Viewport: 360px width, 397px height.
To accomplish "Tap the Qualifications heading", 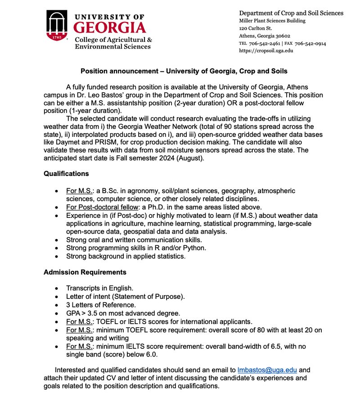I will click(66, 173).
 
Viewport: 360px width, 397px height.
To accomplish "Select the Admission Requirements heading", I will click(85, 272).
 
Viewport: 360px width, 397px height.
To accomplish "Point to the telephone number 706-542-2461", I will click(262, 44).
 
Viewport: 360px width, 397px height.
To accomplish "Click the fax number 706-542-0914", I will click(310, 44).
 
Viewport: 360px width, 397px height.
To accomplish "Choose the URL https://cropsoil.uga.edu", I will click(266, 51).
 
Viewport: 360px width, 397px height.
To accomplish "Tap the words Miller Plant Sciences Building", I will click(272, 21).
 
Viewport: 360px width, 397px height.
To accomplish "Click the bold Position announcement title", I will click(184, 71).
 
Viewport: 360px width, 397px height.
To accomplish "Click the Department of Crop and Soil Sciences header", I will click(291, 13).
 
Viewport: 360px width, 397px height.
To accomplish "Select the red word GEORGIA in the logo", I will click(109, 27).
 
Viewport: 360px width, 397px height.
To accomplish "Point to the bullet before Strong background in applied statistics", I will click(56, 257).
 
